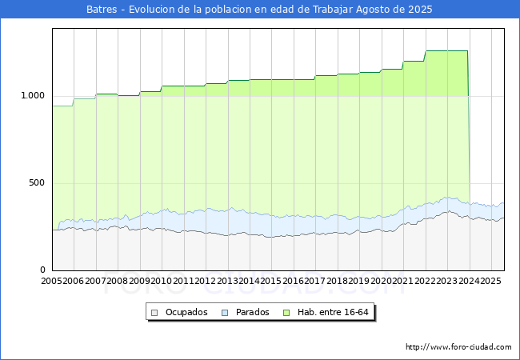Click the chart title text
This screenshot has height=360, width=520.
pos(259,10)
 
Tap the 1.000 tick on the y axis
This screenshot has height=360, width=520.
pos(32,96)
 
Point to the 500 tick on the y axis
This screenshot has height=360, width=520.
pos(37,183)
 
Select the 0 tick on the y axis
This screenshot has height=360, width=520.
pos(43,270)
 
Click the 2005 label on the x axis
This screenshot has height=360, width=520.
pos(52,282)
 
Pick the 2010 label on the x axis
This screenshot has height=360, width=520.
pos(162,282)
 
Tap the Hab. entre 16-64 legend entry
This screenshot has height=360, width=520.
pos(338,312)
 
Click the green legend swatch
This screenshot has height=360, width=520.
pos(298,312)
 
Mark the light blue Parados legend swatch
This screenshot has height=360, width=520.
pos(225,312)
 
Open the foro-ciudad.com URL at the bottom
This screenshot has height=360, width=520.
pos(458,347)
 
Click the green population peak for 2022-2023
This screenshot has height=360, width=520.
pos(446,51)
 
